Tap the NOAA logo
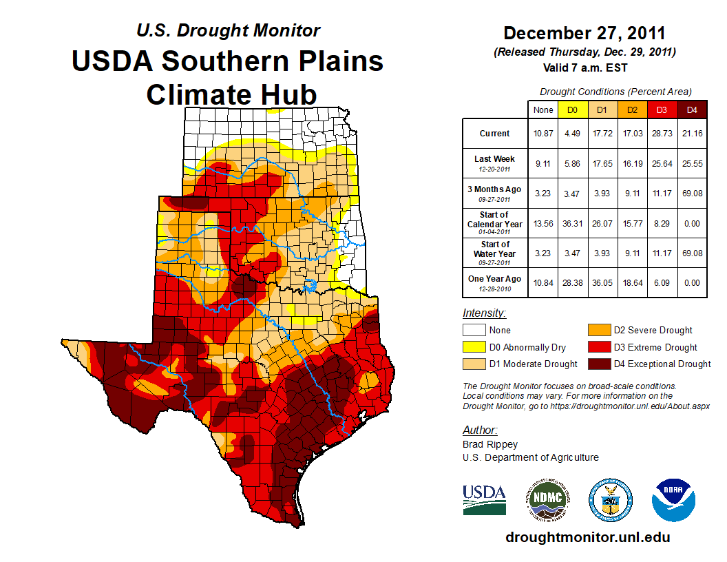[673, 499]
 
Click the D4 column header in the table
[693, 110]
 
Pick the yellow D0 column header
[572, 110]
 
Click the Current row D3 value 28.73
[662, 134]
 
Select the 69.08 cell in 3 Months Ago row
[693, 194]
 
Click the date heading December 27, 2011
[584, 32]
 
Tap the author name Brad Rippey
[489, 444]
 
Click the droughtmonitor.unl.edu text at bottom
[587, 537]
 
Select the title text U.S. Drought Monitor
[228, 30]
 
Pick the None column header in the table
[543, 110]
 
